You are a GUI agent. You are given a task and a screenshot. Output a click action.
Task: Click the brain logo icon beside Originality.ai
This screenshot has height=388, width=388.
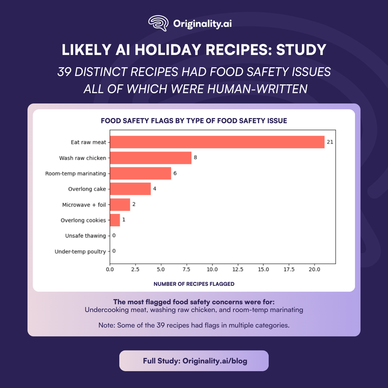click(x=158, y=23)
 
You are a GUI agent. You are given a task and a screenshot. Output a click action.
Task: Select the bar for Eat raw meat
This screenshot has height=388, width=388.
click(x=217, y=142)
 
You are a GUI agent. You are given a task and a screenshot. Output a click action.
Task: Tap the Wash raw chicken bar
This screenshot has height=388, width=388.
click(x=151, y=158)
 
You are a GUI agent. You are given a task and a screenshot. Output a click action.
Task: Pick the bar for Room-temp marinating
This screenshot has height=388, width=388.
click(x=140, y=173)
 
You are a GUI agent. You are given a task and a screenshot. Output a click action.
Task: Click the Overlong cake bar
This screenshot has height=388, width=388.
click(x=130, y=189)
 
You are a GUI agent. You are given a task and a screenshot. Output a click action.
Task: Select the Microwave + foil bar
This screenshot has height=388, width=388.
click(x=120, y=205)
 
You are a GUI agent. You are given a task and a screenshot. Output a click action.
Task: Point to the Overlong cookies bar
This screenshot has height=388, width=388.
click(x=115, y=220)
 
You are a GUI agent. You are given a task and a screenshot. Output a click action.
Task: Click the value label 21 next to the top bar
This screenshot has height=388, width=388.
click(x=330, y=142)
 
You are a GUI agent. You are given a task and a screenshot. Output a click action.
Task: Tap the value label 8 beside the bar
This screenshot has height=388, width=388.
click(x=195, y=157)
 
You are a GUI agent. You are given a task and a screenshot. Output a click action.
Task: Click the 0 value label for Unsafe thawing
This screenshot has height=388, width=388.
click(x=114, y=235)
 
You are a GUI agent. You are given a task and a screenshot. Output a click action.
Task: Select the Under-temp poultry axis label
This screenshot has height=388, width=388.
click(x=80, y=252)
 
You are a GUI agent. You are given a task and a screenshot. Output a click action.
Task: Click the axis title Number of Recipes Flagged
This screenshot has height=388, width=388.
click(x=194, y=284)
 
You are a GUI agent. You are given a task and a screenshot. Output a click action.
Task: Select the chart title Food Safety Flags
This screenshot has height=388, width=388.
click(x=194, y=121)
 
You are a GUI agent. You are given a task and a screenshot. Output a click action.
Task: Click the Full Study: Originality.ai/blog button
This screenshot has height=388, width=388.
click(x=194, y=361)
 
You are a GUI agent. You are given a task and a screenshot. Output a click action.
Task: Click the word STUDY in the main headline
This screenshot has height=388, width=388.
click(x=301, y=50)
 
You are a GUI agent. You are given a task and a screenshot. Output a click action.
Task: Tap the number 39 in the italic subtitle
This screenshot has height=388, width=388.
click(x=64, y=72)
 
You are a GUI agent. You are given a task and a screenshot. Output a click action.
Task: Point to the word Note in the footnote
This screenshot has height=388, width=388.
click(x=106, y=325)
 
